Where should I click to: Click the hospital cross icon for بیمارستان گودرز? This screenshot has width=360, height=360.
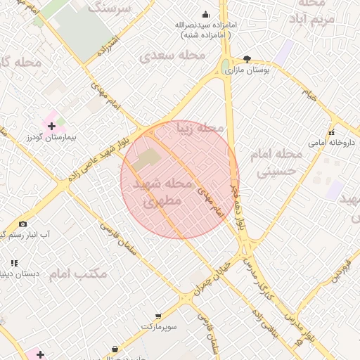51,125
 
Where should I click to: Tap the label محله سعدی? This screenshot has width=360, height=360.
172,55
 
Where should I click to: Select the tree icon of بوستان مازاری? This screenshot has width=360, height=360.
247,60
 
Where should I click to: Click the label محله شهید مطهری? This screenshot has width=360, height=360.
162,192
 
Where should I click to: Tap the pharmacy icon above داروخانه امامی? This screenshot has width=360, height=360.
331,132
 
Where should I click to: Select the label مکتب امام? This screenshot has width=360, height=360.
79,274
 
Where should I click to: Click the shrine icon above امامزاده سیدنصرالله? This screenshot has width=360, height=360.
205,14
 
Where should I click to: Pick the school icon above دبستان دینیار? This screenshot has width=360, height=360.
14,263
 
